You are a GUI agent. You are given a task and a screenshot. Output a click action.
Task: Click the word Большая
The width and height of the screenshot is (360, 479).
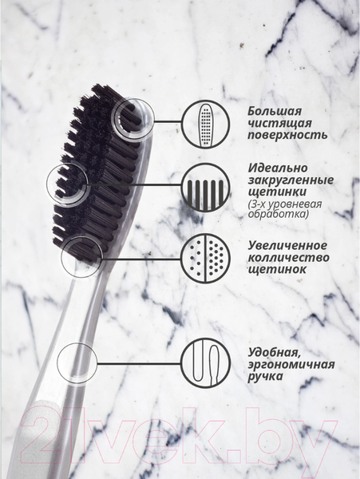(x=275, y=112)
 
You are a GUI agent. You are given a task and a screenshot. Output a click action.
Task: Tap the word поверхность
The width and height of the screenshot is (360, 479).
(x=287, y=135)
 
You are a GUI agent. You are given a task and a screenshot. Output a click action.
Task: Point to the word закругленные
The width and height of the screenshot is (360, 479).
(x=291, y=180)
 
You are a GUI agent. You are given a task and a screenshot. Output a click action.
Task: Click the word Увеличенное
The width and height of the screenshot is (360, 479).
(x=287, y=245)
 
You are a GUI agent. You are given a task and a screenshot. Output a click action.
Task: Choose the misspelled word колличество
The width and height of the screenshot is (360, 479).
(x=288, y=258)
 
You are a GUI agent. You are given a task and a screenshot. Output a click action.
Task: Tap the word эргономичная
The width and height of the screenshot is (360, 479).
(x=291, y=365)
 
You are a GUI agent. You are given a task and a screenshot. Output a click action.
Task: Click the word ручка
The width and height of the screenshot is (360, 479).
(x=265, y=377)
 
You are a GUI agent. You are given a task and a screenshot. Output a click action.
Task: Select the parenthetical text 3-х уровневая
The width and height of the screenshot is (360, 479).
(x=285, y=204)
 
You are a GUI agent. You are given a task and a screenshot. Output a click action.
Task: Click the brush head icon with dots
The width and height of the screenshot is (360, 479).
(x=205, y=125)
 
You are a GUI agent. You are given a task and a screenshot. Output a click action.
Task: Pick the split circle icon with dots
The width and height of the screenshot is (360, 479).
(x=205, y=258)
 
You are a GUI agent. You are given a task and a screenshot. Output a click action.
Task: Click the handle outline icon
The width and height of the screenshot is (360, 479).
(x=205, y=363)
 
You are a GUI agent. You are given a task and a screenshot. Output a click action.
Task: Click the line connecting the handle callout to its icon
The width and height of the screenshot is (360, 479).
(x=139, y=363)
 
